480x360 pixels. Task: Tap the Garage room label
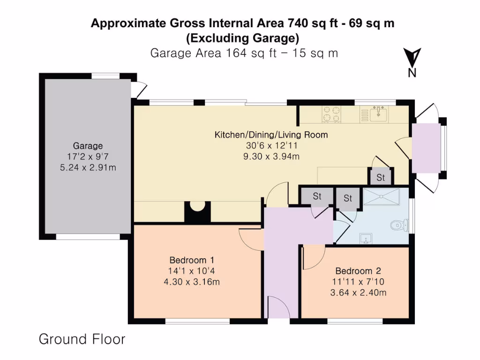(x=88, y=146)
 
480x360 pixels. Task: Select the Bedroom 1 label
(x=192, y=260)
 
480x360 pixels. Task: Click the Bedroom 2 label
(x=358, y=271)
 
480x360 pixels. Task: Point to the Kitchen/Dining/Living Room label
(x=271, y=135)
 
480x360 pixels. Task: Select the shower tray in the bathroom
(x=382, y=197)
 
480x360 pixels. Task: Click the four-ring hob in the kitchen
(x=331, y=114)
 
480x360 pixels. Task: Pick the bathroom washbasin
(x=367, y=240)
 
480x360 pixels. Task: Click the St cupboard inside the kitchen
(x=381, y=178)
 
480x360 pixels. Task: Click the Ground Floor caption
(x=82, y=339)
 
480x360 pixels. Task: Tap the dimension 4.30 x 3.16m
(x=192, y=282)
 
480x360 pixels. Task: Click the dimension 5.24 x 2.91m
(x=88, y=167)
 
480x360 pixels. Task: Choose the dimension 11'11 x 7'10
(x=358, y=282)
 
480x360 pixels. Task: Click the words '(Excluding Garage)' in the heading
(x=242, y=37)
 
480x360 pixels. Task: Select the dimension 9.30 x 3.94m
(x=271, y=156)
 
